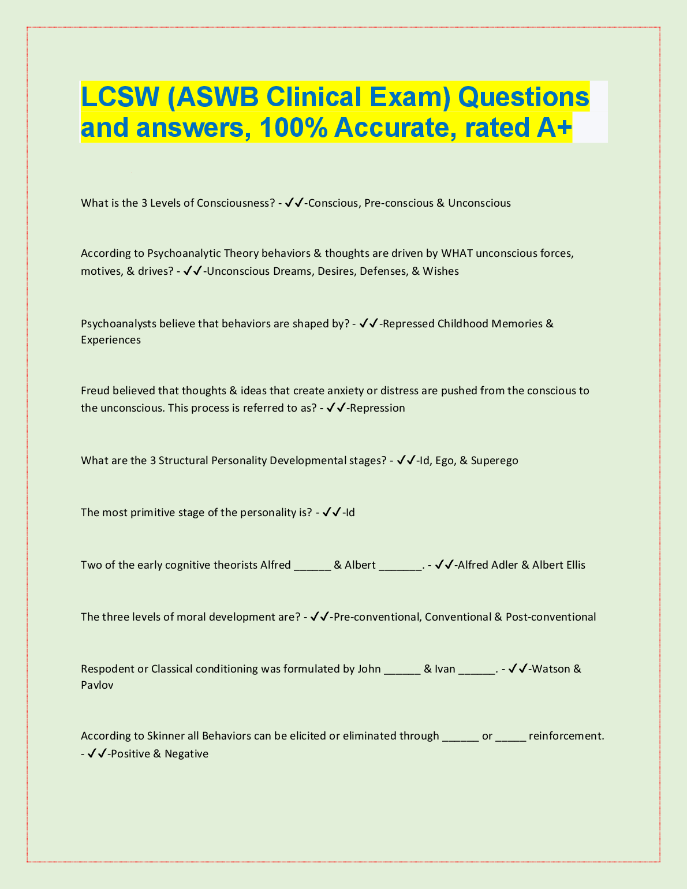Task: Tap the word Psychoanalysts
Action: pos(118,324)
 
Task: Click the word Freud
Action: pos(95,391)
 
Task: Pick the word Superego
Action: pos(494,461)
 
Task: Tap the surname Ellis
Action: pos(574,565)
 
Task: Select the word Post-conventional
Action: pos(551,617)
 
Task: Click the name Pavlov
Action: pos(97,686)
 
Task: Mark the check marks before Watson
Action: pos(518,669)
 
